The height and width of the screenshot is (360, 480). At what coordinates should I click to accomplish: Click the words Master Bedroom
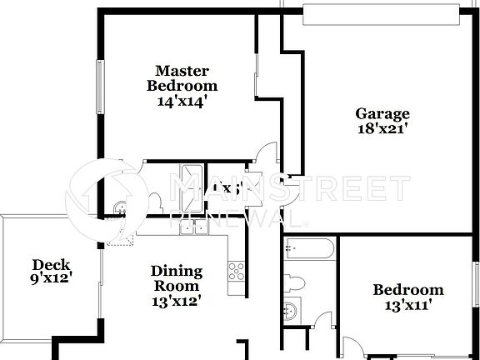coord(182,77)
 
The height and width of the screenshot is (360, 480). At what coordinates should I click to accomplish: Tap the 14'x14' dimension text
coord(182,101)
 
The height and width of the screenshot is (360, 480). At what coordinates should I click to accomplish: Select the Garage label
coord(382,113)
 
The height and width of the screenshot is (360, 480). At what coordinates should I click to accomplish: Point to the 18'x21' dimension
coord(382,129)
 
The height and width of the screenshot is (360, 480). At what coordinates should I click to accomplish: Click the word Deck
coord(49,263)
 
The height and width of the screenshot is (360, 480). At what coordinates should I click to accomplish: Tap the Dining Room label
coord(176,278)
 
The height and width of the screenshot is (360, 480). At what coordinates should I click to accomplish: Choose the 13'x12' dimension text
coord(176,302)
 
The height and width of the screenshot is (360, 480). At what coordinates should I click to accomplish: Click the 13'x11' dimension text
coord(407,305)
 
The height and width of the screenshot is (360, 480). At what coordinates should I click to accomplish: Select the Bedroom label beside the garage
coord(407,290)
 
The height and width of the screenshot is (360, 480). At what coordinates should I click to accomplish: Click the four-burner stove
coord(237,271)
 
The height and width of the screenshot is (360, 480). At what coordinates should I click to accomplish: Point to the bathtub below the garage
coord(309,247)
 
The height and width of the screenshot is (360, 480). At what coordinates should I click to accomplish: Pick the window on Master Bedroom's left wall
coord(101,87)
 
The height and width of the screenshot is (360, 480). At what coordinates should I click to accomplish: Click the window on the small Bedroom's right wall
coord(476,292)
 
